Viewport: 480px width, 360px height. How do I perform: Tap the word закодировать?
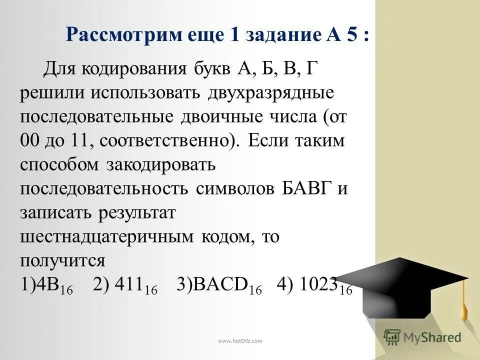[160, 165]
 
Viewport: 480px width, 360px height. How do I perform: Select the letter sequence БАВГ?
[295, 189]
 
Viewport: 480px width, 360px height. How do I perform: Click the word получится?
[62, 261]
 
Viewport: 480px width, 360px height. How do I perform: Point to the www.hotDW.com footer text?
[239, 341]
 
